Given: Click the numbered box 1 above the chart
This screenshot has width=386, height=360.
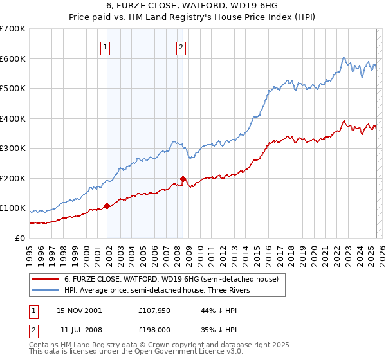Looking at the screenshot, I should point(104,46).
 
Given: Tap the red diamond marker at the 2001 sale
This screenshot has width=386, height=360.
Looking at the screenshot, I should point(107,206).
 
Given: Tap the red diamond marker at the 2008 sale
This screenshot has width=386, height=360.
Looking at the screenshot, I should point(183,179).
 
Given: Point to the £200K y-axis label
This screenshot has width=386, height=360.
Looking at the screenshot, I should point(13,178).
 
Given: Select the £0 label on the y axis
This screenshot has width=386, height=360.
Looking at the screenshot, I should point(19,238).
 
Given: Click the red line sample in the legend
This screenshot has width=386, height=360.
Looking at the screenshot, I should point(45,279).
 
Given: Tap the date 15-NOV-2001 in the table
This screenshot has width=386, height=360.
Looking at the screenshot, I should point(79,310).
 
